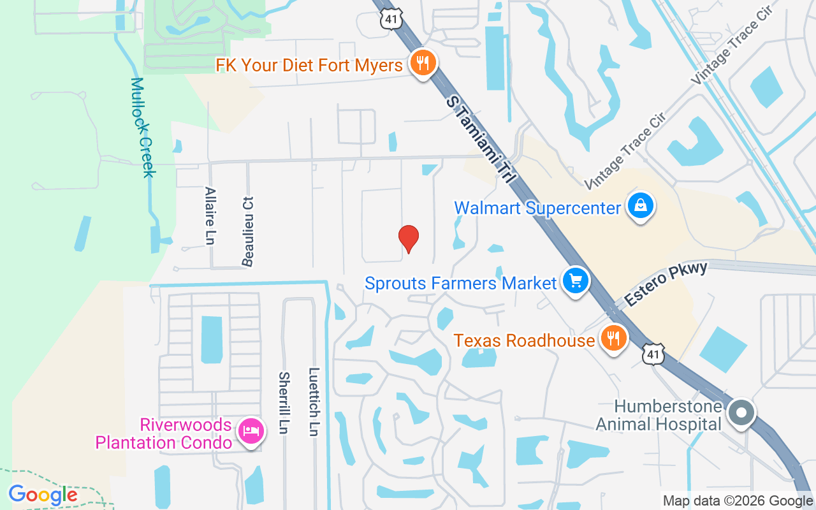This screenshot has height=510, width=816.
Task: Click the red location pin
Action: [x=408, y=238]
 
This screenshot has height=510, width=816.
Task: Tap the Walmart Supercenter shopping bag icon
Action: [x=640, y=206]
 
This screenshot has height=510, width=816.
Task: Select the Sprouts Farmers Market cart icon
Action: [x=576, y=280]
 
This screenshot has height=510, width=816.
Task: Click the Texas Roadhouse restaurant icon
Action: [x=613, y=339]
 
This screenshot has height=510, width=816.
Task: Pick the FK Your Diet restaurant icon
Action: [x=422, y=63]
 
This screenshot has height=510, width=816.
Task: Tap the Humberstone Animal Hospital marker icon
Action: [x=741, y=413]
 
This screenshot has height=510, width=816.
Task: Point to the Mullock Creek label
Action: [x=143, y=127]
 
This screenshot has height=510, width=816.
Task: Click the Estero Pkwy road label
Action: [x=667, y=284]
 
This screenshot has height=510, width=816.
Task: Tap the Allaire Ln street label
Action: [x=210, y=215]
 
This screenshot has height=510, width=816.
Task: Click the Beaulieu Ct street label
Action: [x=247, y=231]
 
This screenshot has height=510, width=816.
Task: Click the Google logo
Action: [x=43, y=495]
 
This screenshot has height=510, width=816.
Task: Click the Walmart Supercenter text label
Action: [x=537, y=208]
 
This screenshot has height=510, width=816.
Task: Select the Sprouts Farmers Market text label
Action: [x=461, y=282]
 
